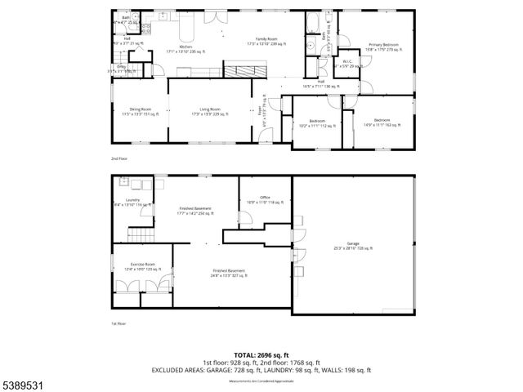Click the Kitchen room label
pos(186,49)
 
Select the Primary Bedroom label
pos(383,46)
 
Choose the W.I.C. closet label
pos(346,63)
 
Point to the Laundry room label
pos(133,202)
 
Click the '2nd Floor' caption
pos(119,158)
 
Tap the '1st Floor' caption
pos(118,324)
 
